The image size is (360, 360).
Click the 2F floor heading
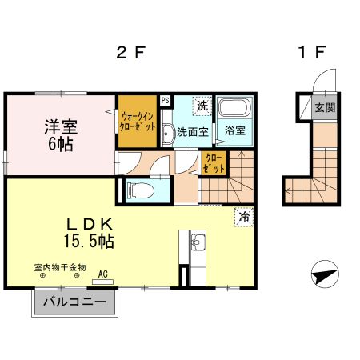(x=130, y=54)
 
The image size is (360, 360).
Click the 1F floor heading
(x=311, y=54)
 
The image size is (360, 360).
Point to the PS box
(x=165, y=100)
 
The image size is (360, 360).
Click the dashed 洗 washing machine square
(x=202, y=106)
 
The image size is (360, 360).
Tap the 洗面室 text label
(x=192, y=131)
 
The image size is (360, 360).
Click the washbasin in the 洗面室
(x=167, y=134)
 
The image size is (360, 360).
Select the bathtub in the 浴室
(x=234, y=109)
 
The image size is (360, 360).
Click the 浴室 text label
(x=234, y=131)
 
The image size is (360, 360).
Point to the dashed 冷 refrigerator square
(x=243, y=215)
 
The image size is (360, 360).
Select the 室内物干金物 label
(x=59, y=267)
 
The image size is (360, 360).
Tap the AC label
(x=102, y=274)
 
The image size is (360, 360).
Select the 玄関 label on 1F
(x=324, y=108)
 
